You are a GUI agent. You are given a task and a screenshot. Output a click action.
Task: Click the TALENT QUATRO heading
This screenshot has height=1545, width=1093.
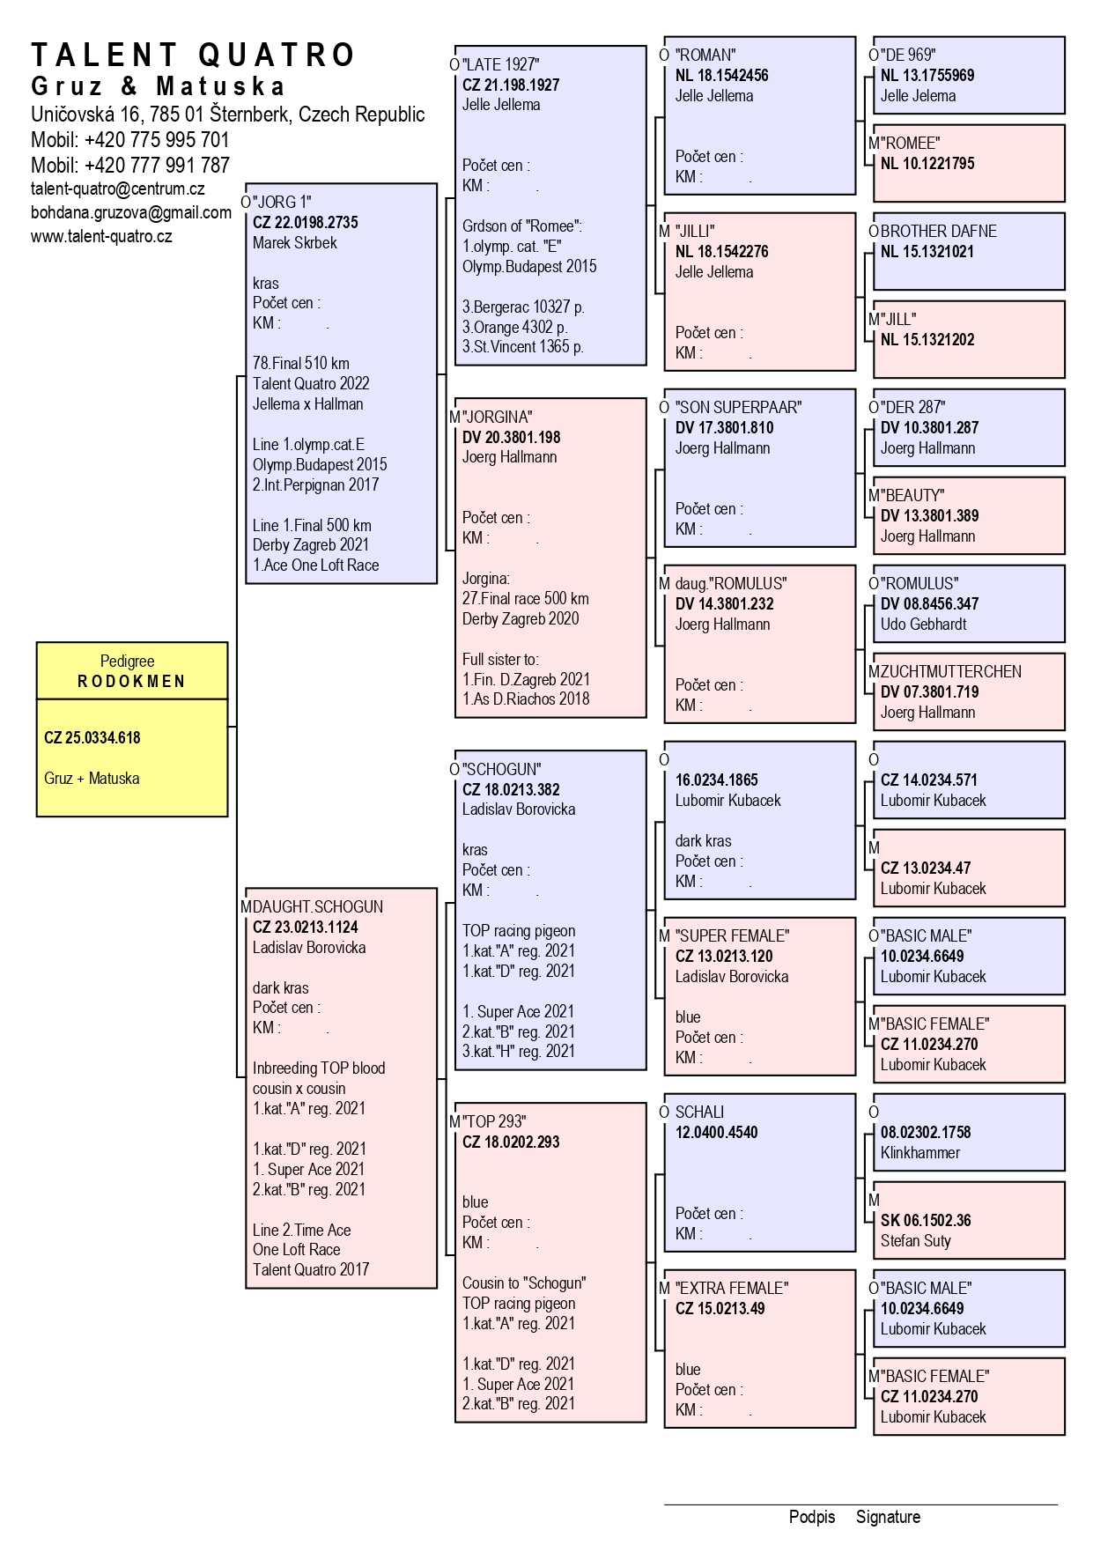click(x=193, y=55)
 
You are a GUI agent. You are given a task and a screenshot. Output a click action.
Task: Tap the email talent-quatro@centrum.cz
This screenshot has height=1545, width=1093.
click(x=118, y=189)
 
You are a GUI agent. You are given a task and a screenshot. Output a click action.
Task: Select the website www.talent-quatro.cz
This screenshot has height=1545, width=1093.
click(x=101, y=236)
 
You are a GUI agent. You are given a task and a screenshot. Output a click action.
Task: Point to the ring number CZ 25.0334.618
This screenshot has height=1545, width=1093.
click(x=92, y=738)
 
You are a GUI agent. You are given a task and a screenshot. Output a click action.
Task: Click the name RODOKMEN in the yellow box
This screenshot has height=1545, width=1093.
click(x=132, y=681)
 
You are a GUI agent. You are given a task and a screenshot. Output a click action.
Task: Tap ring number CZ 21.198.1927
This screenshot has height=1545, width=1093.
click(x=511, y=85)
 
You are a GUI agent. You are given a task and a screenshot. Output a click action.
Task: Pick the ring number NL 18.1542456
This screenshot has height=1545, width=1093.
click(x=722, y=75)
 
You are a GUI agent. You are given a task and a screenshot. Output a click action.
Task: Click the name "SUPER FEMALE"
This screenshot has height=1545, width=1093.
click(x=732, y=935)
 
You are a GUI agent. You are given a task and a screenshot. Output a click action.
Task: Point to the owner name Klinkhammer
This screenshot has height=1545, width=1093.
click(x=920, y=1152)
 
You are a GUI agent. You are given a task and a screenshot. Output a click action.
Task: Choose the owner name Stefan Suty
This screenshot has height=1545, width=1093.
click(x=916, y=1240)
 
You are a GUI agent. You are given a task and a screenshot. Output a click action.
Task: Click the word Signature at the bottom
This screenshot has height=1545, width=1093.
click(x=888, y=1517)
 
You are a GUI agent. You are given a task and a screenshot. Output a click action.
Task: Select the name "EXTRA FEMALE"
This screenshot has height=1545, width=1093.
click(x=732, y=1288)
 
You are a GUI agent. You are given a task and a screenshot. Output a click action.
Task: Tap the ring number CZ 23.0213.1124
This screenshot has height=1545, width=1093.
click(x=306, y=927)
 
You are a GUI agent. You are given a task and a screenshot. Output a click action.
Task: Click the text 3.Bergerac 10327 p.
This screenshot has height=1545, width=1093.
click(x=523, y=307)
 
